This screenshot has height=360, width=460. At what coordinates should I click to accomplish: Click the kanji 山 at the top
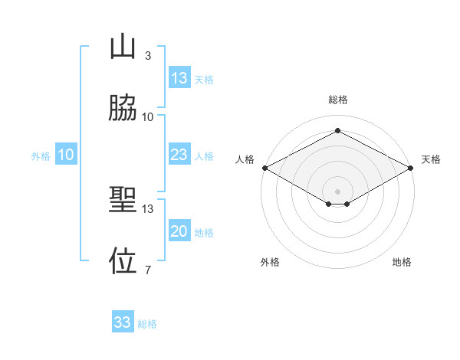(123, 48)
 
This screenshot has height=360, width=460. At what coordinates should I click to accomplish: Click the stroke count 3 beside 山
(148, 56)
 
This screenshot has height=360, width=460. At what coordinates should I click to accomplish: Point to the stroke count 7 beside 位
(148, 269)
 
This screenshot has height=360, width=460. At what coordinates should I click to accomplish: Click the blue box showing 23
(179, 155)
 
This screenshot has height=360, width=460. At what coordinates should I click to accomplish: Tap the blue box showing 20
(179, 232)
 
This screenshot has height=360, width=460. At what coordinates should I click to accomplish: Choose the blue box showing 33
(123, 322)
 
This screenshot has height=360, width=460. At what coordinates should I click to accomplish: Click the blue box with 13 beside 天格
(179, 78)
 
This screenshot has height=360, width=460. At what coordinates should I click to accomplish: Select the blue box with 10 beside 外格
(66, 155)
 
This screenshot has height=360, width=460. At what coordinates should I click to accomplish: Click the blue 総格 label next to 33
(147, 324)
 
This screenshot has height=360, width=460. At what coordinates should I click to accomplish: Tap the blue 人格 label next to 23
(204, 156)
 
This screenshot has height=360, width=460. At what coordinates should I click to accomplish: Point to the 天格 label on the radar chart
(431, 159)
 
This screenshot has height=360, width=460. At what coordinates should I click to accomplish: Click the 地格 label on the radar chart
(402, 262)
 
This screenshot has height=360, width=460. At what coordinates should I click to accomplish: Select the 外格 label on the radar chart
(270, 262)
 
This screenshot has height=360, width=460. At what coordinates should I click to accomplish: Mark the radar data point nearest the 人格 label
(264, 168)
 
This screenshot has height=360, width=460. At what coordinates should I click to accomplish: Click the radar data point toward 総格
(337, 131)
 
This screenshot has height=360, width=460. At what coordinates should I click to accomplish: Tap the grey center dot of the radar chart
(337, 191)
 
